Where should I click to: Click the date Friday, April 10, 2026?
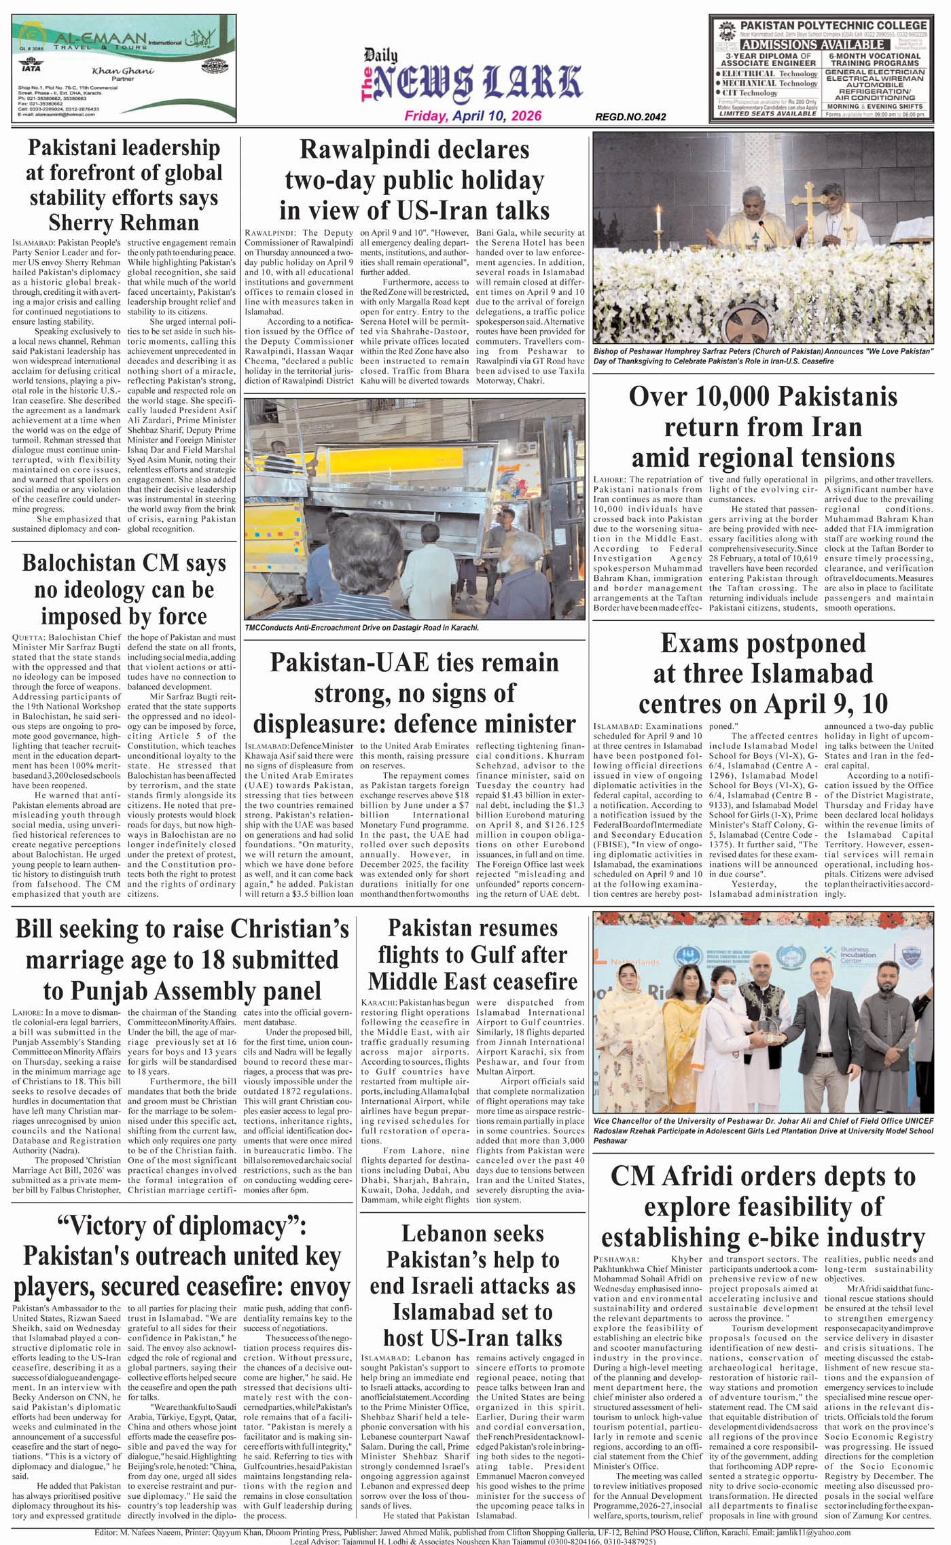pos(473,116)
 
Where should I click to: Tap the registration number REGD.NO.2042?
pos(630,117)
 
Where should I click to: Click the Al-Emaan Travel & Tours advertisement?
pos(124,69)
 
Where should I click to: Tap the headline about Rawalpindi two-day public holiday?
pos(414,179)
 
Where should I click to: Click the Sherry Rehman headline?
pos(124,185)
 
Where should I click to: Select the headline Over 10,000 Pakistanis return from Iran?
pos(763,427)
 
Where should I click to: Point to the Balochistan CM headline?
pos(124,590)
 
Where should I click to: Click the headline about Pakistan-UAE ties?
pos(414,692)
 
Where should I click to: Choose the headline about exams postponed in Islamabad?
pos(763,673)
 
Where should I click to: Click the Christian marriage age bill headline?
pos(182,959)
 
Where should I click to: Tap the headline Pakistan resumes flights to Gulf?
pos(473,955)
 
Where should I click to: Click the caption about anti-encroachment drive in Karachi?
pos(362,628)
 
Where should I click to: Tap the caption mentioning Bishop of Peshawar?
pos(763,356)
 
